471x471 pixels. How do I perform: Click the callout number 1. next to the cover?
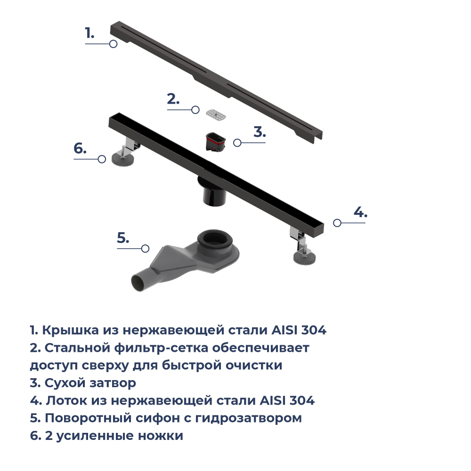pyautogui.click(x=89, y=33)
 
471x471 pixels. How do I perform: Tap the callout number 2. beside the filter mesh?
pyautogui.click(x=173, y=99)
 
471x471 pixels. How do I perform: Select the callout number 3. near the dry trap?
pyautogui.click(x=260, y=131)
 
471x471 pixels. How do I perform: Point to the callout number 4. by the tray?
pyautogui.click(x=360, y=212)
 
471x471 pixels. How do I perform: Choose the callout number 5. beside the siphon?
pyautogui.click(x=123, y=238)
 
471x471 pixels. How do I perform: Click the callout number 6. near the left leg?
pyautogui.click(x=80, y=148)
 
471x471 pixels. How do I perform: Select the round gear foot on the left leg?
pyautogui.click(x=122, y=160)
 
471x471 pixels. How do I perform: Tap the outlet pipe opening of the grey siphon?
pyautogui.click(x=138, y=284)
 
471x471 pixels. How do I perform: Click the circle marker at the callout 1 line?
pyautogui.click(x=113, y=44)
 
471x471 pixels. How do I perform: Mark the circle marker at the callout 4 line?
pyautogui.click(x=337, y=223)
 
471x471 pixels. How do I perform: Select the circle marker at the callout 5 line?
pyautogui.click(x=146, y=248)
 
